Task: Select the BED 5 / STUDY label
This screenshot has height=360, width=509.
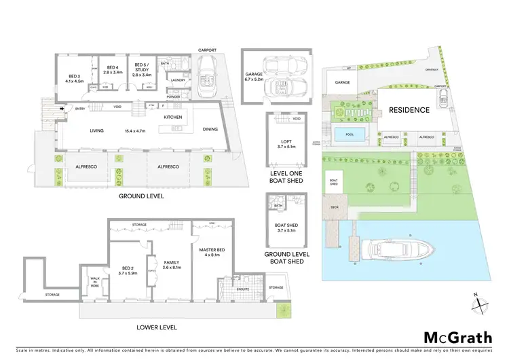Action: point(141,67)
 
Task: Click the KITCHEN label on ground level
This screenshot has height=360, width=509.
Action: point(173,118)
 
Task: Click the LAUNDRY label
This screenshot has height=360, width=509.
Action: point(178,81)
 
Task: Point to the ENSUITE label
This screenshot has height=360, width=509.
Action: point(242,289)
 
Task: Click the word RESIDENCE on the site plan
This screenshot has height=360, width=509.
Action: point(409,109)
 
